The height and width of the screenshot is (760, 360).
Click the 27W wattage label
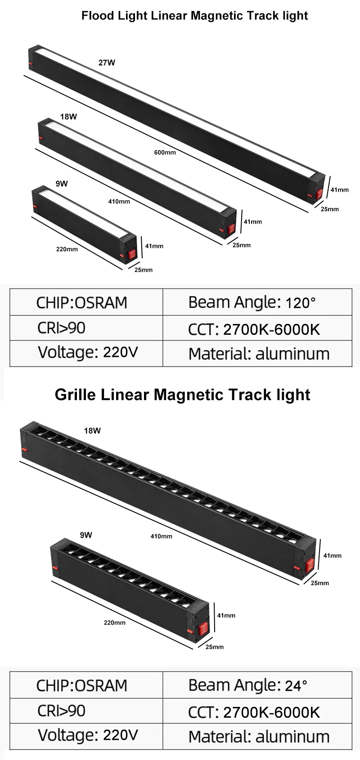coord(107,63)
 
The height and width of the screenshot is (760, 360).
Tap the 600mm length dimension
coord(165,153)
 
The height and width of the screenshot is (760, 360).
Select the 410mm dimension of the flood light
coord(119,202)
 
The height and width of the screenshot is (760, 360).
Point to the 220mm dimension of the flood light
coord(67,249)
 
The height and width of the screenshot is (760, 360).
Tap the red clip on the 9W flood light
coord(132,254)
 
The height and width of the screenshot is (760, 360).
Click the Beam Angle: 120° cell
coord(252,302)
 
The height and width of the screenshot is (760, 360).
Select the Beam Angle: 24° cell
coord(248,685)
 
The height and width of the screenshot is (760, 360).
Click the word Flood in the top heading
coord(98,16)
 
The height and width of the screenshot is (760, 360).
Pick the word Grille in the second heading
coord(75,395)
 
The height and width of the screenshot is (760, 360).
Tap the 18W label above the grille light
coord(92,431)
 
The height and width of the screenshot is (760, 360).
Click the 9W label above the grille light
coord(86,535)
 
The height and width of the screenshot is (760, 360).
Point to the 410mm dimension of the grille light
coord(161,536)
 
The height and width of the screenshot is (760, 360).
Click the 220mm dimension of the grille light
coord(115,623)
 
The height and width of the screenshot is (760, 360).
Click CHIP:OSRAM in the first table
coord(82,302)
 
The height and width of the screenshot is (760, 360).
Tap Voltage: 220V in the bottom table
coord(88,735)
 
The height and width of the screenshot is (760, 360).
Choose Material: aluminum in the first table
coord(259,354)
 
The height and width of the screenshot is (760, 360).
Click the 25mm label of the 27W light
coord(330,209)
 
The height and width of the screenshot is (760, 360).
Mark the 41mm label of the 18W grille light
coord(333,556)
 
